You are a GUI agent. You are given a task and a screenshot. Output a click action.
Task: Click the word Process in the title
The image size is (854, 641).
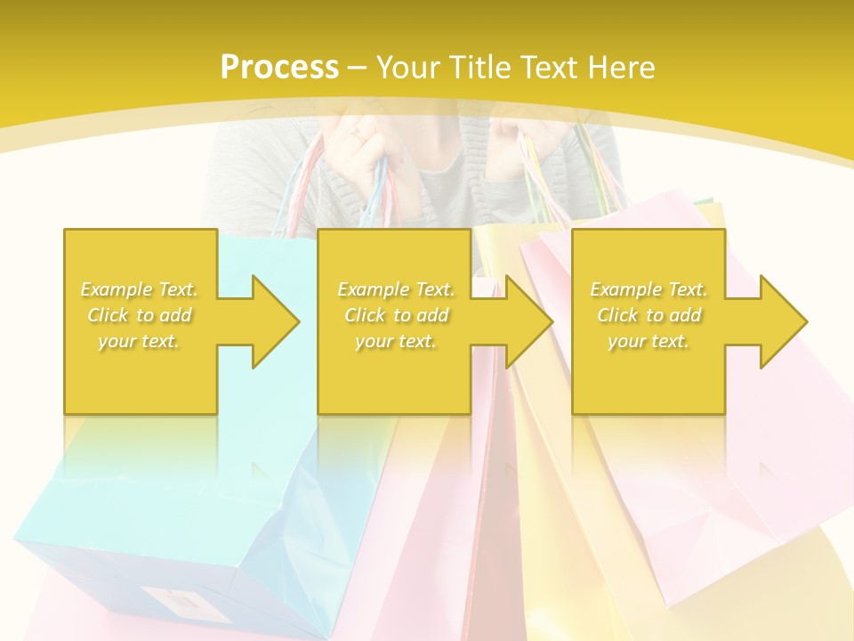pyautogui.click(x=279, y=67)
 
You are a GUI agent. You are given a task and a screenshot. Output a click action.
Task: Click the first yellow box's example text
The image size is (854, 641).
pyautogui.click(x=140, y=315)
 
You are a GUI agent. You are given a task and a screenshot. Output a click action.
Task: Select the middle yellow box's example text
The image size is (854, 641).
pyautogui.click(x=396, y=315)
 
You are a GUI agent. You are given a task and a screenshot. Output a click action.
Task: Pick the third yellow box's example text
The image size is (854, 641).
pyautogui.click(x=649, y=315)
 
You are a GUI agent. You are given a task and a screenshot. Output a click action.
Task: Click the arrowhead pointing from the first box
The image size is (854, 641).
pyautogui.click(x=276, y=321)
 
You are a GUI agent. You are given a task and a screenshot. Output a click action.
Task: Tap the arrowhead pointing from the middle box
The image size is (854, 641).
pyautogui.click(x=530, y=321)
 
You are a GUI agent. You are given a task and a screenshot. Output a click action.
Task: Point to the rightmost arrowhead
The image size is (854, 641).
pyautogui.click(x=784, y=321)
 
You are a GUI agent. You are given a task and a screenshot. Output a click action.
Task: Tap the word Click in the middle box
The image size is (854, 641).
pyautogui.click(x=365, y=315)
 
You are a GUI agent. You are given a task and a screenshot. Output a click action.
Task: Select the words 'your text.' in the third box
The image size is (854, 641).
pyautogui.click(x=649, y=341)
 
